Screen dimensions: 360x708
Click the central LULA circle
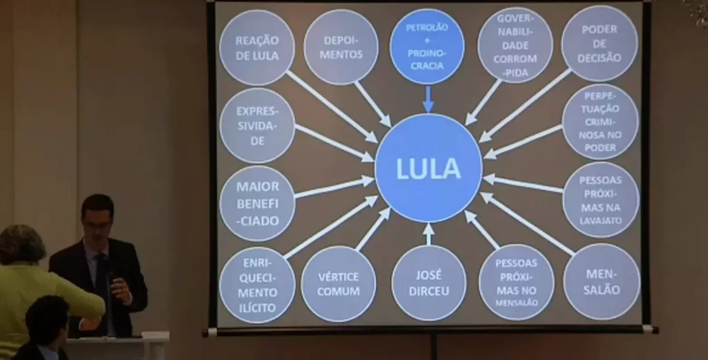pyautogui.click(x=428, y=168)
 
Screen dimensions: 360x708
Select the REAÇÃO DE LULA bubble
pyautogui.click(x=257, y=48)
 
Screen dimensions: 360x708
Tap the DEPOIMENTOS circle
pyautogui.click(x=341, y=47)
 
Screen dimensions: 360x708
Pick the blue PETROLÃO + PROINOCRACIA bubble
pyautogui.click(x=427, y=46)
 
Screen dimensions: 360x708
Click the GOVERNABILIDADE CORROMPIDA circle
pyautogui.click(x=515, y=46)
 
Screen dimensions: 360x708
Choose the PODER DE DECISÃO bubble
pyautogui.click(x=599, y=44)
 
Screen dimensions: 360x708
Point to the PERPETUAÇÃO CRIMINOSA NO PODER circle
pyautogui.click(x=600, y=122)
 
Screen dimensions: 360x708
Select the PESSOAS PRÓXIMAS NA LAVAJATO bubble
pyautogui.click(x=600, y=200)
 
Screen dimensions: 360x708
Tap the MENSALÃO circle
pyautogui.click(x=601, y=281)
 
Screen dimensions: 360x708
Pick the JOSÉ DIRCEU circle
pyautogui.click(x=429, y=283)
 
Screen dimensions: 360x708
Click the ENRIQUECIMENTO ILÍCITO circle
pyautogui.click(x=257, y=285)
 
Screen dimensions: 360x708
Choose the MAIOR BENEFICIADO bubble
pyautogui.click(x=257, y=203)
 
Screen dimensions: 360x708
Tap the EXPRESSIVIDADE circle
pyautogui.click(x=257, y=126)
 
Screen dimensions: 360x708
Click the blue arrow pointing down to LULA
pyautogui.click(x=427, y=98)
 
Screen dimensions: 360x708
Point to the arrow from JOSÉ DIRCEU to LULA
pyautogui.click(x=429, y=234)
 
